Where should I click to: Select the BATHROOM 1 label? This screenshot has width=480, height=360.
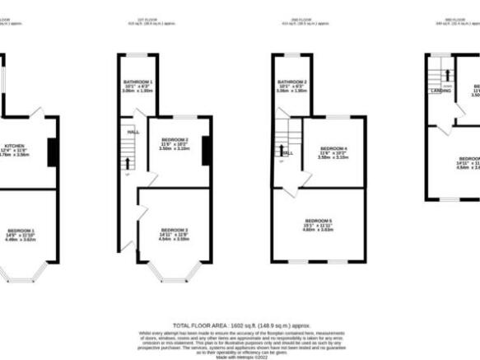pyautogui.click(x=138, y=82)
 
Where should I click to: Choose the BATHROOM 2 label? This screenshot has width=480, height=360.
pyautogui.click(x=292, y=82)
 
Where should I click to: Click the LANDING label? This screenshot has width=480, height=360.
pyautogui.click(x=440, y=91)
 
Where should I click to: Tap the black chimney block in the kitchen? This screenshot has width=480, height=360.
pyautogui.click(x=52, y=152)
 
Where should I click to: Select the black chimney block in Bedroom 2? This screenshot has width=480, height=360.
pyautogui.click(x=207, y=149)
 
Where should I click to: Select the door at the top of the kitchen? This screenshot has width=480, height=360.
pyautogui.click(x=35, y=110)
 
